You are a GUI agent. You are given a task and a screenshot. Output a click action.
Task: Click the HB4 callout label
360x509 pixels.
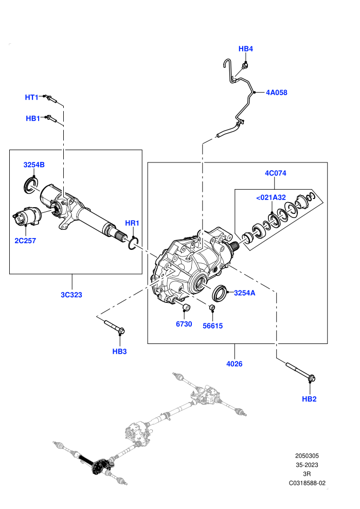point(245,49)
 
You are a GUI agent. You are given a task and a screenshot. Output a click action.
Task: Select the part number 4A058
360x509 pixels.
point(277,93)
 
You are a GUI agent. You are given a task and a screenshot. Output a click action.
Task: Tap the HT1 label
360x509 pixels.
point(32,97)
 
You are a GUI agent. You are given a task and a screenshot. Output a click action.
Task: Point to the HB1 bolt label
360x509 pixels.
point(33,118)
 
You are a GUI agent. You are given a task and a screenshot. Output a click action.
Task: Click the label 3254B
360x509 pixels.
point(34,165)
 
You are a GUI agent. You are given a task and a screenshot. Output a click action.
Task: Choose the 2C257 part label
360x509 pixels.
point(25,241)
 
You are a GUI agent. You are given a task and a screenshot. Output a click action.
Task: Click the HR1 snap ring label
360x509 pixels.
point(132,223)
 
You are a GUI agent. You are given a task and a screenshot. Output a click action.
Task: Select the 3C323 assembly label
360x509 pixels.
point(71,295)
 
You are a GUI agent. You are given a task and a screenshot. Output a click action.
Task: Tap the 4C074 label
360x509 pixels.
point(276,173)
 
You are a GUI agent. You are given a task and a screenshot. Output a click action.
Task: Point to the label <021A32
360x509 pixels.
point(271,197)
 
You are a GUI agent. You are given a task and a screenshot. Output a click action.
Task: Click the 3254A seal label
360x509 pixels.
point(244,293)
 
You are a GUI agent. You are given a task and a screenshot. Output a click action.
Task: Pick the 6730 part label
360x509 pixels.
point(184,324)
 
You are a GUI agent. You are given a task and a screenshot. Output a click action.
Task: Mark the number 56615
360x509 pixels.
point(212,326)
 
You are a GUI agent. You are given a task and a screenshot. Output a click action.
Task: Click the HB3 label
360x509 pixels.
point(119,351)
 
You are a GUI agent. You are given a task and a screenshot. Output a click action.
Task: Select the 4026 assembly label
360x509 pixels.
point(235,364)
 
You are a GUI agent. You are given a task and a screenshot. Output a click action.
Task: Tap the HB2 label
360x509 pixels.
point(309,399)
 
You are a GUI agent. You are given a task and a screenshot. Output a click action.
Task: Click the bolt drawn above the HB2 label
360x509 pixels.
point(300,372)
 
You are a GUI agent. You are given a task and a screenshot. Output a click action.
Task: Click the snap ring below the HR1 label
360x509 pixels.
point(133,244)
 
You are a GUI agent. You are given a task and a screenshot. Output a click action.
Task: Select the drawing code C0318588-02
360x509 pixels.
point(307,483)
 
